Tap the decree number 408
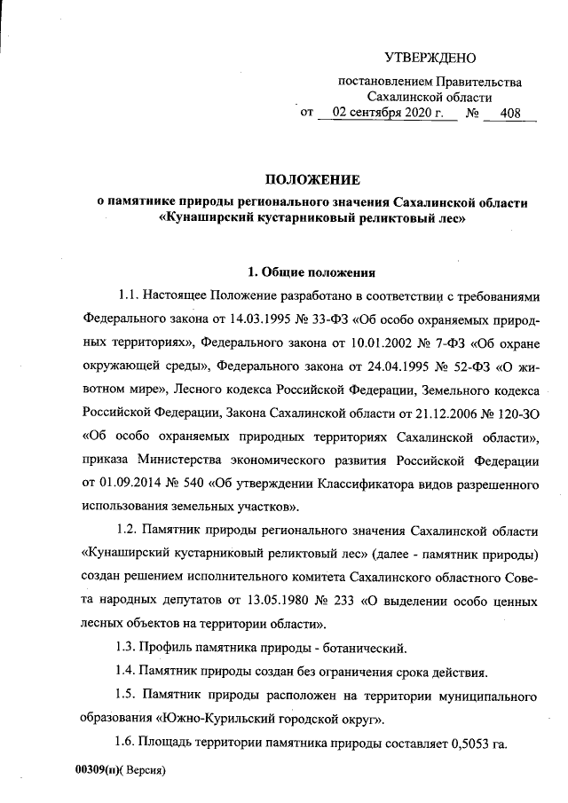click(511, 114)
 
